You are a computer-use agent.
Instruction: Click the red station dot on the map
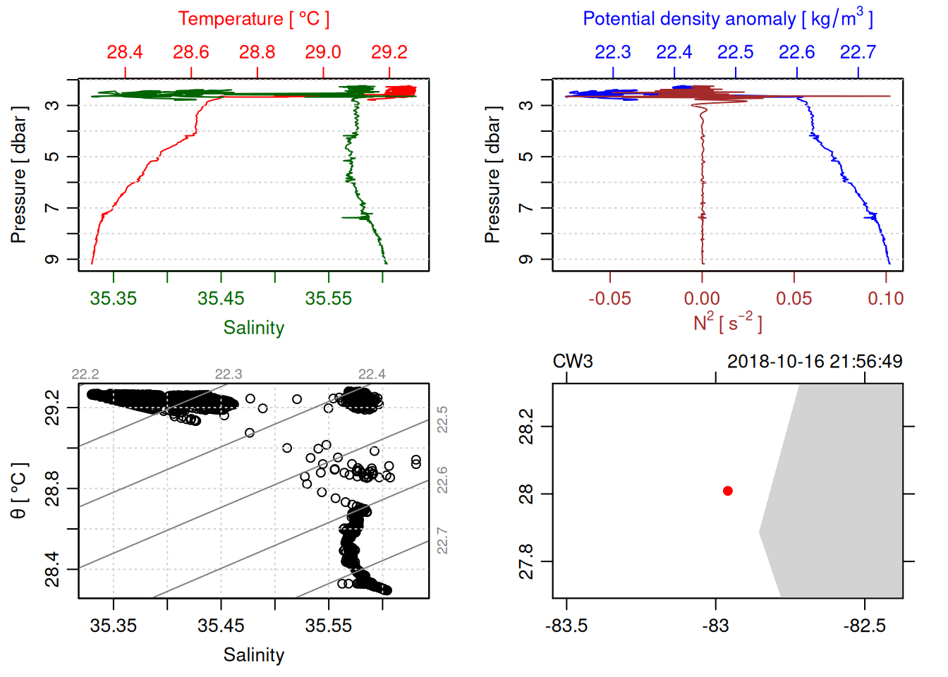click(x=728, y=491)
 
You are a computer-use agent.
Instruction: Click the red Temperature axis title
click(x=253, y=19)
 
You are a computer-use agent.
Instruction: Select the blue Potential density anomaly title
click(x=727, y=18)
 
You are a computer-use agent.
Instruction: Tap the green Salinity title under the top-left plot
click(x=253, y=328)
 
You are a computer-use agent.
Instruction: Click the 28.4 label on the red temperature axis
click(x=125, y=52)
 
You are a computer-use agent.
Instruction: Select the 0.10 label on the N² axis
click(x=886, y=299)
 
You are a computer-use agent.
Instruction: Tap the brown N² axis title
click(x=727, y=323)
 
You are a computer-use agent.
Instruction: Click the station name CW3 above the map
click(x=573, y=362)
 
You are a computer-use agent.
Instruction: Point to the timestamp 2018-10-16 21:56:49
click(x=815, y=362)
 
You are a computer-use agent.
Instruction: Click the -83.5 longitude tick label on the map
click(x=566, y=626)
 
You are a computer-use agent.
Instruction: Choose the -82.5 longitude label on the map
click(x=865, y=626)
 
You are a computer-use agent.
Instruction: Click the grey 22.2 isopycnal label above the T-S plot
click(x=85, y=374)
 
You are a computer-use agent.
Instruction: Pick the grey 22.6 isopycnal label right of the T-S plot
click(x=442, y=480)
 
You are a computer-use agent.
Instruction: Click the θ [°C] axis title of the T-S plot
click(x=19, y=491)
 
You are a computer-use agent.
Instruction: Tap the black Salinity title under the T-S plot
click(x=253, y=655)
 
